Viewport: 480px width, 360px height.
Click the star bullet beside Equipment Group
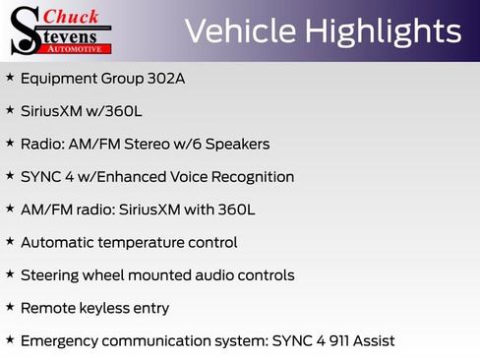(10, 77)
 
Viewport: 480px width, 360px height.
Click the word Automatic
(58, 242)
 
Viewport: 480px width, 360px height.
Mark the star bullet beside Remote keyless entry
(10, 307)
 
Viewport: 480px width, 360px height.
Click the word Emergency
(59, 341)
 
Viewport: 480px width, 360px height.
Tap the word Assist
(372, 341)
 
